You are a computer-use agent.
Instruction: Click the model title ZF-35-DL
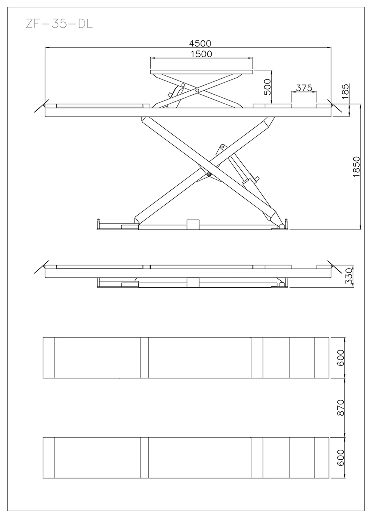coord(59,24)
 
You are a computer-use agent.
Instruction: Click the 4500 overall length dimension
coord(200,43)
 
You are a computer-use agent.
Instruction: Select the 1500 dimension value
coord(201,54)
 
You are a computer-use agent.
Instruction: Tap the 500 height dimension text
coord(267,87)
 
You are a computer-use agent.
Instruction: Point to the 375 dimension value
coord(304,88)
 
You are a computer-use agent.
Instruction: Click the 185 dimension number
coord(345,91)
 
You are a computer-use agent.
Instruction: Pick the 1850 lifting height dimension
coord(357,167)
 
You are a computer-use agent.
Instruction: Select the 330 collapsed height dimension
coord(348,276)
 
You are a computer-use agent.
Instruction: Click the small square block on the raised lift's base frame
coord(193,224)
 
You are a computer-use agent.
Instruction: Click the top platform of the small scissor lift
coord(201,72)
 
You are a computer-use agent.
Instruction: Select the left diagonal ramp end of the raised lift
coord(42,106)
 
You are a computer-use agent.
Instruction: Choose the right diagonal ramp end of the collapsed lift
coord(334,267)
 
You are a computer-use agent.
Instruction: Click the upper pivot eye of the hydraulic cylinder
coord(223,147)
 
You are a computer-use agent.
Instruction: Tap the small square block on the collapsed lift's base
coord(193,282)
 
